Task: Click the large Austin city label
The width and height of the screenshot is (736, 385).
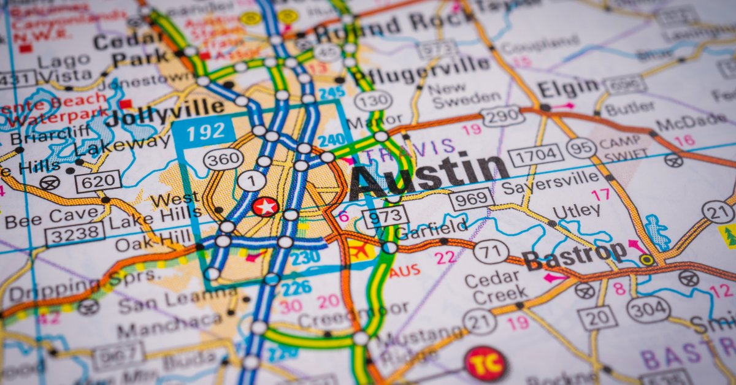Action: click(429, 174)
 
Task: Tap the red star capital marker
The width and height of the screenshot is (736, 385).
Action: click(265, 207)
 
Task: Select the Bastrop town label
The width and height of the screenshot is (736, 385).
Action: click(574, 255)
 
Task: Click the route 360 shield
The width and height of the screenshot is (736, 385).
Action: click(223, 159)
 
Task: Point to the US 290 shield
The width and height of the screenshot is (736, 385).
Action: click(502, 116)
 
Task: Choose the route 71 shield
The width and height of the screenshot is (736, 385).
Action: click(491, 251)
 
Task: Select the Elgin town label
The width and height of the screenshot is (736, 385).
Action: click(568, 88)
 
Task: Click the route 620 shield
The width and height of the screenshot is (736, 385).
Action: click(98, 181)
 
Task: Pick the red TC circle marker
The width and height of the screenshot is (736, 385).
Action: click(486, 364)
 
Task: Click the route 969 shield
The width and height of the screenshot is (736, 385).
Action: click(471, 199)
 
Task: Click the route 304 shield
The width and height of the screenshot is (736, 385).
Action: click(648, 310)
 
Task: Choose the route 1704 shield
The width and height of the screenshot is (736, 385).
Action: click(535, 156)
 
